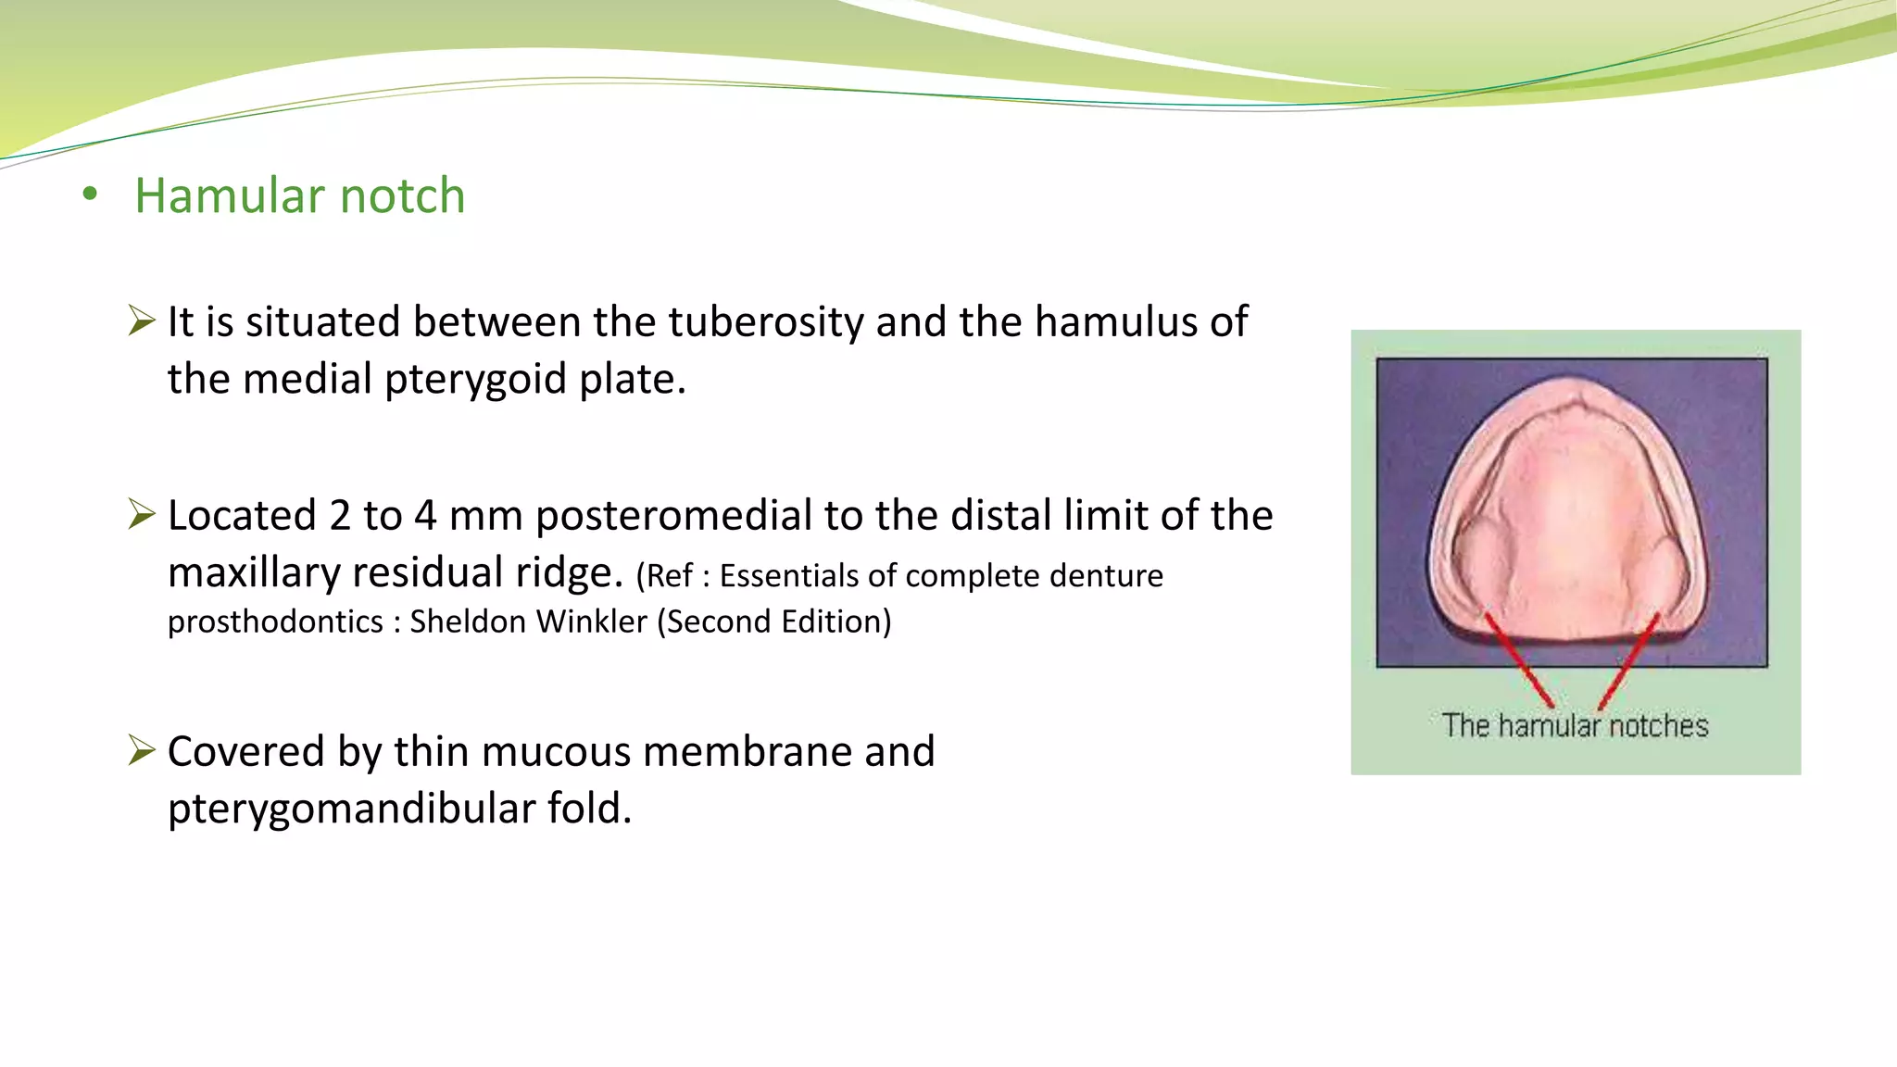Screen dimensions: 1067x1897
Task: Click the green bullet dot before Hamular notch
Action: tap(90, 195)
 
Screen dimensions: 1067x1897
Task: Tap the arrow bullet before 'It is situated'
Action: tap(142, 321)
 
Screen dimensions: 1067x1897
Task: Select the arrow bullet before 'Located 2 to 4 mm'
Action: tap(142, 514)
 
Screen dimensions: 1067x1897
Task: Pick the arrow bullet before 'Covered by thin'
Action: tap(142, 750)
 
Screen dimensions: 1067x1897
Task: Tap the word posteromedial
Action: tap(673, 516)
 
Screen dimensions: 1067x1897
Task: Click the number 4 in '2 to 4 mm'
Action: tap(424, 516)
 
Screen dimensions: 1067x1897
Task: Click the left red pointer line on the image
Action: tap(1519, 659)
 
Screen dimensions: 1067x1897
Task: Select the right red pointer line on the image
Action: tap(1627, 659)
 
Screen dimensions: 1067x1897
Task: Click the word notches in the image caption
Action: tap(1658, 725)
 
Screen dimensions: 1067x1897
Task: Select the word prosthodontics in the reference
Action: tap(275, 621)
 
